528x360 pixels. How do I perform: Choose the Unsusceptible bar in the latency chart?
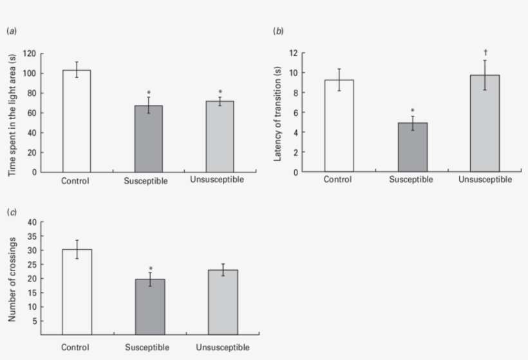point(484,124)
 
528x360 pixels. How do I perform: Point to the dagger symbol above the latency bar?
point(484,52)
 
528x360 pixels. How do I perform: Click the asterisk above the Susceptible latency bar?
point(412,110)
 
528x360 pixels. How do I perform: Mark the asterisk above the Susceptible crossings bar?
point(149,269)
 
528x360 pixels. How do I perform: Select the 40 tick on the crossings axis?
point(31,222)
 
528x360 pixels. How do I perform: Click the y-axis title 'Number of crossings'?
point(12,279)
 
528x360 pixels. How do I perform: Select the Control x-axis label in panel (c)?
point(75,348)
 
